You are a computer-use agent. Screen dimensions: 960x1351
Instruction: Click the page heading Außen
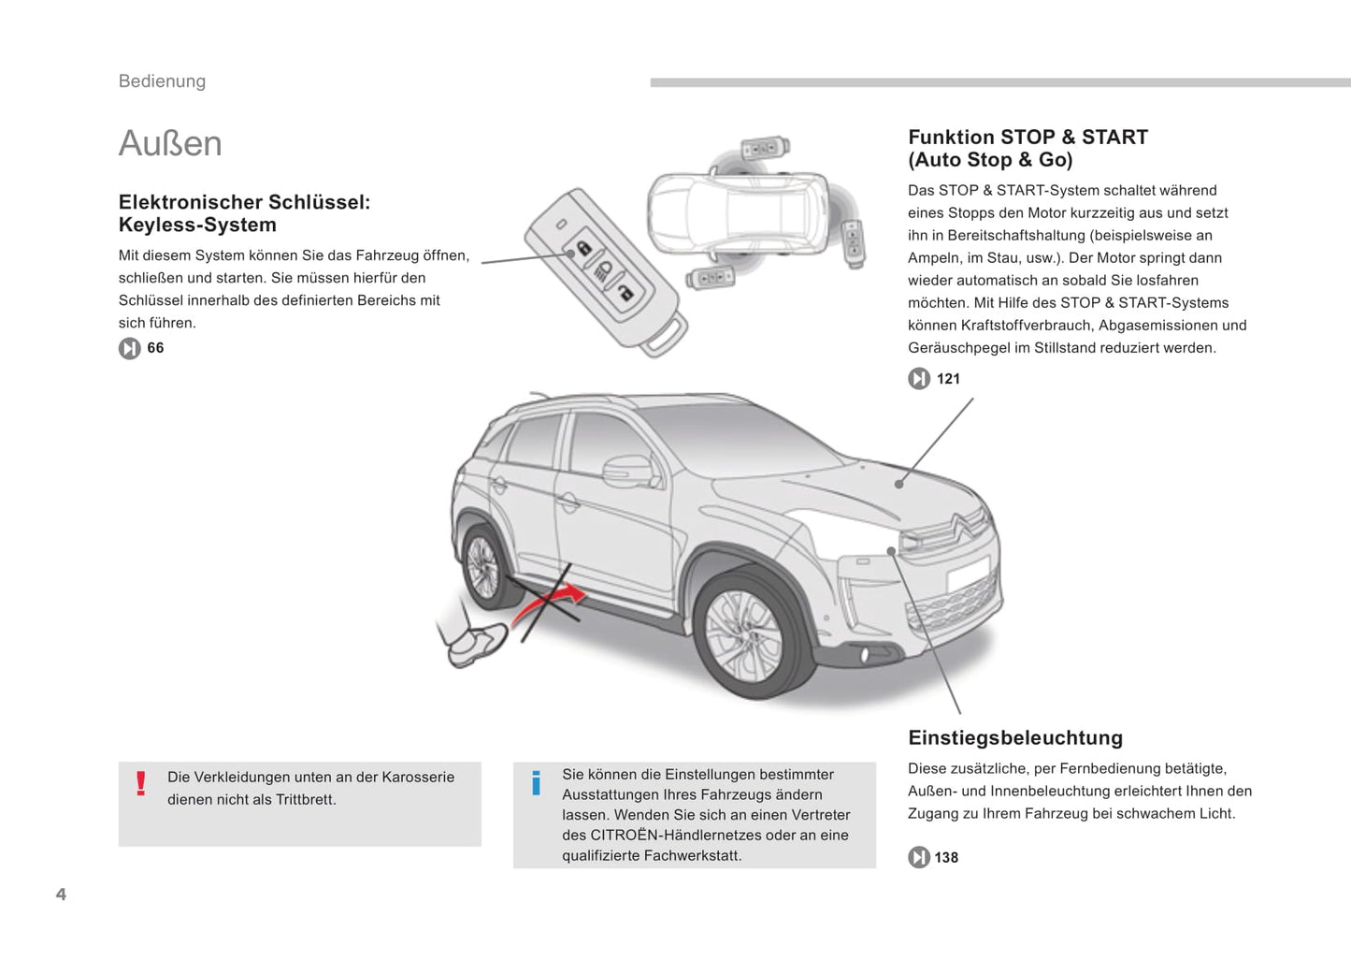(170, 143)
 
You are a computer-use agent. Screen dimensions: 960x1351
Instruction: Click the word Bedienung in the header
(162, 81)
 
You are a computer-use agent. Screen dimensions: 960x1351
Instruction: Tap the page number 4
(61, 895)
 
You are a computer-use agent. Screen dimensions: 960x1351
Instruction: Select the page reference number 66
(155, 348)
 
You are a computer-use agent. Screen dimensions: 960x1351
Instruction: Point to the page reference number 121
(948, 379)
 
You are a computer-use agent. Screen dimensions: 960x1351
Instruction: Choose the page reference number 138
(946, 858)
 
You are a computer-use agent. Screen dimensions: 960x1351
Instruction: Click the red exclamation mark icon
(141, 783)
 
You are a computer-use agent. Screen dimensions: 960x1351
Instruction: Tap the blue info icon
(536, 783)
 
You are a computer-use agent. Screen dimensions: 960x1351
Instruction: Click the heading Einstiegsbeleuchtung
(1015, 737)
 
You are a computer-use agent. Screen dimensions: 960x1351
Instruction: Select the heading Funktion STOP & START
(1028, 138)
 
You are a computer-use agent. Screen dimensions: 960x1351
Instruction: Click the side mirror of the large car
(627, 470)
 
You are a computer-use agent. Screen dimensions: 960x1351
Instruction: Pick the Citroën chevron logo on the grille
(966, 527)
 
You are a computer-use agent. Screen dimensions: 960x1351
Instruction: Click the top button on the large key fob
(582, 248)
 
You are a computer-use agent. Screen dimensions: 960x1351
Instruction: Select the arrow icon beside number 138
(919, 857)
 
